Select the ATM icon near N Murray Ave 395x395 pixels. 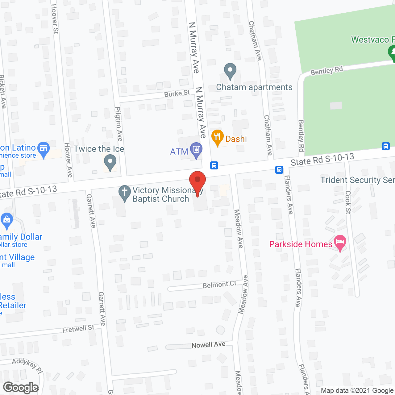pos(196,150)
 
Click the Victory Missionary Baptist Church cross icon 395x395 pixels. pos(125,192)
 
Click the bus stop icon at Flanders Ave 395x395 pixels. pos(279,169)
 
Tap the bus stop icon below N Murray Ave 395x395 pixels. pos(214,165)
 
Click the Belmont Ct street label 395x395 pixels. pos(219,285)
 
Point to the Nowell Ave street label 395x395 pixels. pos(208,345)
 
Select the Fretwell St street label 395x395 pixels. pos(78,329)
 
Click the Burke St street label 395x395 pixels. pos(177,94)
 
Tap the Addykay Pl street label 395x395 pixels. pos(27,365)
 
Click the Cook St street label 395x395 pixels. pos(348,202)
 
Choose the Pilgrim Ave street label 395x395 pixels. pos(119,124)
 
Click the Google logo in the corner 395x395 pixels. pos(21,388)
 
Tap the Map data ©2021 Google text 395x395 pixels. pos(357,391)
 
